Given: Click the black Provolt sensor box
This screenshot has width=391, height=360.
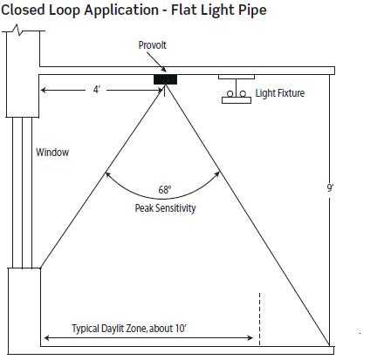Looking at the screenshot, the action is [165, 79].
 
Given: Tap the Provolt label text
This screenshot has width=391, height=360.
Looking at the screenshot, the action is [152, 45].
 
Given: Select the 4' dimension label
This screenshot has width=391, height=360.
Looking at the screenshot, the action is [96, 90].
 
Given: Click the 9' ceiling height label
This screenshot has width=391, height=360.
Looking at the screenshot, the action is [330, 188].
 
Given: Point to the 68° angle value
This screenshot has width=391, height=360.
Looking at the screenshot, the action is [165, 190].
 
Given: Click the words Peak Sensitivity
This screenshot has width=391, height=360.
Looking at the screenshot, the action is [165, 208].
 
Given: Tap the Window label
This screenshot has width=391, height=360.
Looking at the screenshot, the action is [52, 153].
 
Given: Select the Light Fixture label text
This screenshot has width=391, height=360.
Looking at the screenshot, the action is [280, 93].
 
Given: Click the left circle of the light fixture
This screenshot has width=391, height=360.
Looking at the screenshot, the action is [230, 94].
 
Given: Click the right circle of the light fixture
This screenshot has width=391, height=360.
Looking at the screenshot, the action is [243, 94].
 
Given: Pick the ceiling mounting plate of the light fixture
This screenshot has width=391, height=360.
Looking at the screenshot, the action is [237, 77].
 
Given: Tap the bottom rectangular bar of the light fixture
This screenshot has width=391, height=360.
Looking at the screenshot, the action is [237, 100].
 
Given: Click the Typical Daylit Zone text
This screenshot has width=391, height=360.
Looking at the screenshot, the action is [129, 329].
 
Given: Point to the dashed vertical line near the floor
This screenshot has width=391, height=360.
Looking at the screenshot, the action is [259, 319].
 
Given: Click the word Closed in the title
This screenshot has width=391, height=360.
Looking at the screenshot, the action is [24, 10].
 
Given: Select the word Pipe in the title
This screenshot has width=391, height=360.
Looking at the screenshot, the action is [253, 10].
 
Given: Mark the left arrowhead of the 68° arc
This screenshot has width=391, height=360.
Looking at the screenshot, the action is [107, 174].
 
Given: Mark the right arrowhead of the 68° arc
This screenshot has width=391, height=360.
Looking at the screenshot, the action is [217, 174].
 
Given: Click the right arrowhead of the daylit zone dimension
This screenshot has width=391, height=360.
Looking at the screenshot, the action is [250, 337].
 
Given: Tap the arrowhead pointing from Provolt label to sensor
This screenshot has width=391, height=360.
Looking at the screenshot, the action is [164, 70].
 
